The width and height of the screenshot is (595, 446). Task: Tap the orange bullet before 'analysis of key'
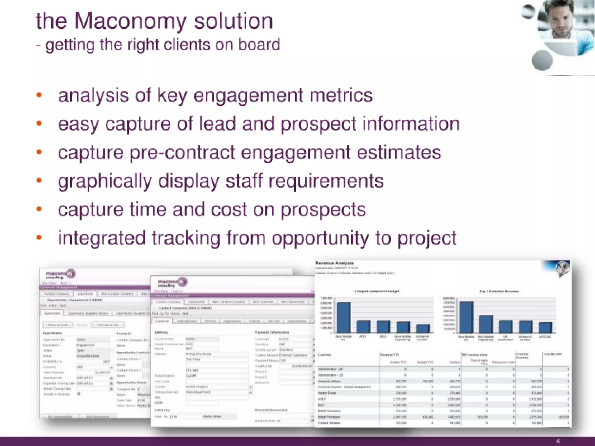pos(39,95)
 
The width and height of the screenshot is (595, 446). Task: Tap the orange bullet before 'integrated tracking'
pos(39,238)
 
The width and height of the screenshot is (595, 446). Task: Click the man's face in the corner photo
pos(559,22)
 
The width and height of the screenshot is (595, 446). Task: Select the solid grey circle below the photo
pos(542,60)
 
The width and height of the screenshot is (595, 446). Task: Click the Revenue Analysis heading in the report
pos(334,263)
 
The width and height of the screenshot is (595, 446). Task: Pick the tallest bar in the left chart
pos(343,317)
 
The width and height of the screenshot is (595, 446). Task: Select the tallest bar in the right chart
pos(466,317)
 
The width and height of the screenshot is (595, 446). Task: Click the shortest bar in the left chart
pos(422,328)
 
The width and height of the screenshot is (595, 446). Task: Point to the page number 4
pos(558,441)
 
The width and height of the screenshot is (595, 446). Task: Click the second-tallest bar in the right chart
pos(486,324)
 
